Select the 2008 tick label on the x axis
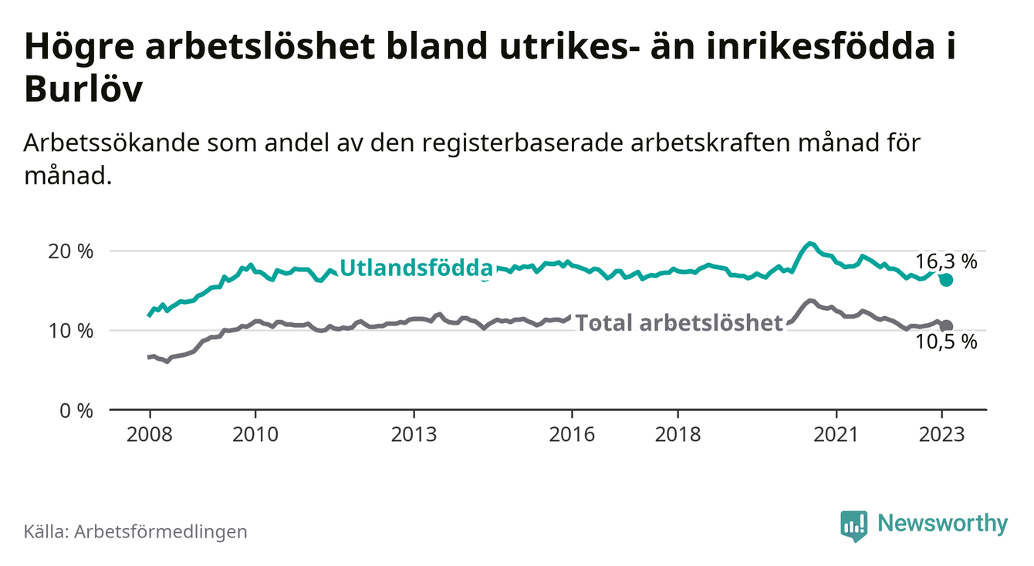[149, 434]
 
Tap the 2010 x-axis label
[255, 434]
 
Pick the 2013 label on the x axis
[414, 434]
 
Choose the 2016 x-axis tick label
[572, 434]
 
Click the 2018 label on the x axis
[678, 434]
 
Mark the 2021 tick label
[836, 434]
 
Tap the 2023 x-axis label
[942, 434]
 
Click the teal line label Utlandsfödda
[416, 268]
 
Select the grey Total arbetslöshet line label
[680, 323]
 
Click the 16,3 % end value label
[946, 261]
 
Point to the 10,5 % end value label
[946, 342]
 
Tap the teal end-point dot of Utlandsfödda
[947, 280]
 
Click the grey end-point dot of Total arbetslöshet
[947, 326]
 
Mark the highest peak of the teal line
[808, 243]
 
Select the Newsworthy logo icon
[853, 525]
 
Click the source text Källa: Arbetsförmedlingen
[136, 531]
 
